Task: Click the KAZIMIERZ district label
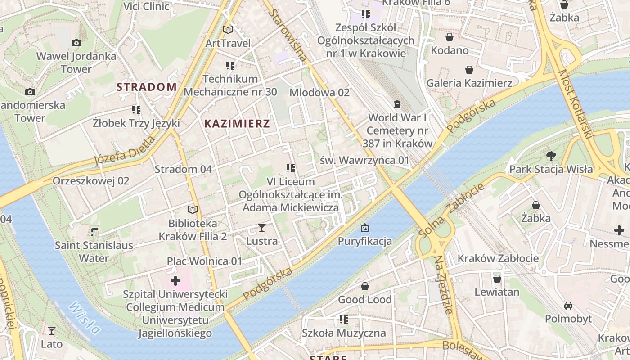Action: [x=237, y=124]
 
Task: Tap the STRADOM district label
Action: [x=147, y=87]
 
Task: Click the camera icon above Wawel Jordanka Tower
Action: [x=76, y=43]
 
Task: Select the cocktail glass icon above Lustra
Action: [x=262, y=228]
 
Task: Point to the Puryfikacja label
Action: [x=365, y=241]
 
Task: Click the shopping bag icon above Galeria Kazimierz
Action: [x=469, y=70]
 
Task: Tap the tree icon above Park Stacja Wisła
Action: [x=551, y=156]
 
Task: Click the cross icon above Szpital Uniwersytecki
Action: [x=175, y=281]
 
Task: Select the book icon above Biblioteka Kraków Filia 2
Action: [x=193, y=210]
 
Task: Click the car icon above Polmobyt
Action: [x=568, y=306]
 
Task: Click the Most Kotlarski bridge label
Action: [x=575, y=103]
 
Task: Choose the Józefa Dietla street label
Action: [x=125, y=151]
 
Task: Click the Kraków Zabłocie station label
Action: [x=498, y=258]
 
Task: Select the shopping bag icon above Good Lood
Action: [x=365, y=286]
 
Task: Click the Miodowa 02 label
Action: [x=319, y=93]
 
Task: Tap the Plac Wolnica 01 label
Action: [x=204, y=261]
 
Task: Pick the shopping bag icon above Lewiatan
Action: [x=497, y=279]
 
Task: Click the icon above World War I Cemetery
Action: [x=397, y=104]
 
